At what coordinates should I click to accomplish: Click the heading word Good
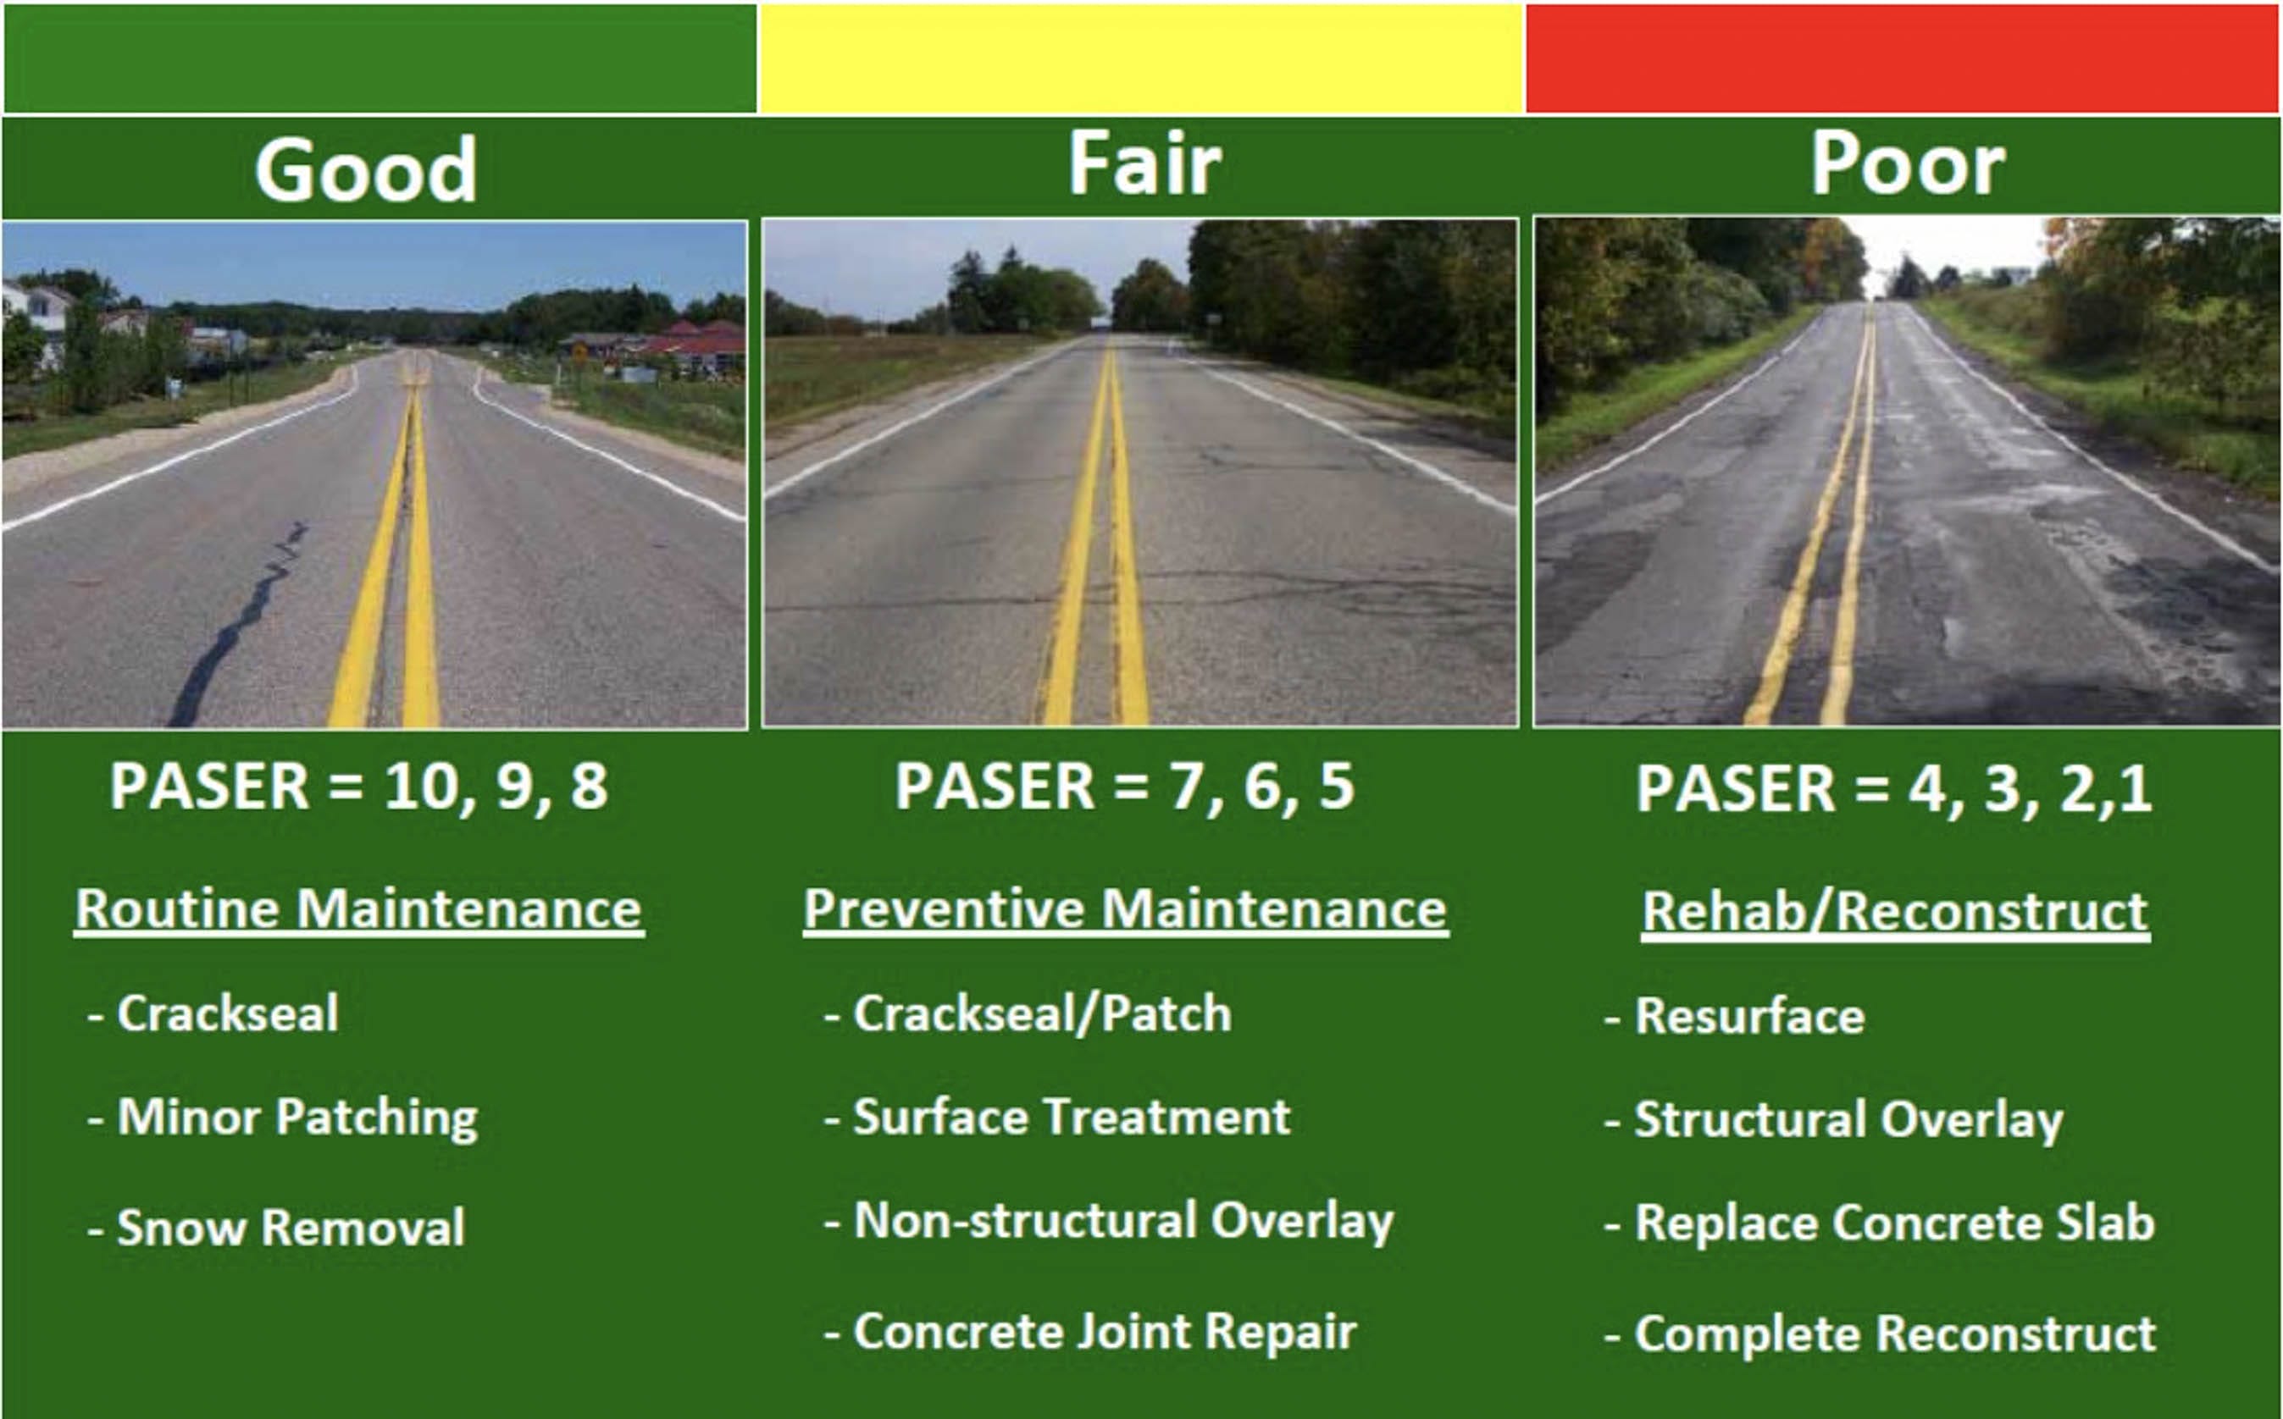click(365, 170)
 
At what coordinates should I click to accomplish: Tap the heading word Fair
click(1144, 164)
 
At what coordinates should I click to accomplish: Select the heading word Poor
click(1908, 164)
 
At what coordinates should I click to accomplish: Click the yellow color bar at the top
click(1140, 58)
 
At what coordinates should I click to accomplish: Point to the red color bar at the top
click(1902, 58)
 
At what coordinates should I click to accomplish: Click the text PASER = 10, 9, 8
click(358, 787)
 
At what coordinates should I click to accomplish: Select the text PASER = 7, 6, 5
click(1123, 787)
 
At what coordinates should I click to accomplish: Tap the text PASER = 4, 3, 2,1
click(1893, 789)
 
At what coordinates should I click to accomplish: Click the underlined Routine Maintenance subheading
click(358, 909)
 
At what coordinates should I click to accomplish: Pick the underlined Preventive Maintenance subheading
click(1125, 909)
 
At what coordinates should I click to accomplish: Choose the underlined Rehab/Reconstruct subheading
click(1895, 911)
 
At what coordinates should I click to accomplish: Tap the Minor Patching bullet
click(296, 1118)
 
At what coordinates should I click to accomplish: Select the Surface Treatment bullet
click(1071, 1118)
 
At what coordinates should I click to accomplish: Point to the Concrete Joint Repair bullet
click(1104, 1331)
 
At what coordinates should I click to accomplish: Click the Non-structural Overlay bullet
click(1122, 1221)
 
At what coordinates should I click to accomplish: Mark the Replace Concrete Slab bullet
click(1894, 1223)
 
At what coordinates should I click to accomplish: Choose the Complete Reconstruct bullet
click(1894, 1333)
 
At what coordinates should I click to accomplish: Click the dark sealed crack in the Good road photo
click(246, 620)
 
